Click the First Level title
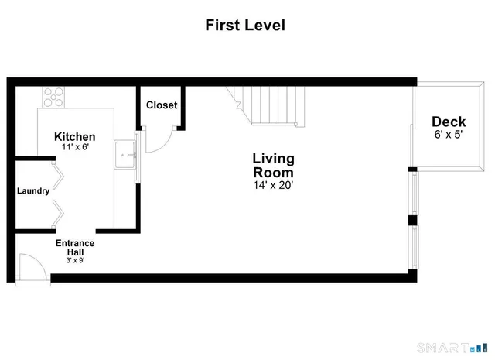tap(245, 25)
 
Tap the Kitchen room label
tap(74, 136)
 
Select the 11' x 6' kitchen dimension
tap(74, 147)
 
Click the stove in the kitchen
tap(53, 98)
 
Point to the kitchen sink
tap(125, 155)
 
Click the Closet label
tap(162, 105)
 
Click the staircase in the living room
tap(271, 107)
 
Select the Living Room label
tap(273, 165)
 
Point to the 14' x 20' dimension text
tap(273, 185)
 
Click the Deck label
tap(449, 122)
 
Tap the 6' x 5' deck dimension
tap(449, 135)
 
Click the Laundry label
tap(33, 190)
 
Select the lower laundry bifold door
tap(56, 214)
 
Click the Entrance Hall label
tap(75, 248)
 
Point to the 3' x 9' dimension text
tap(75, 260)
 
